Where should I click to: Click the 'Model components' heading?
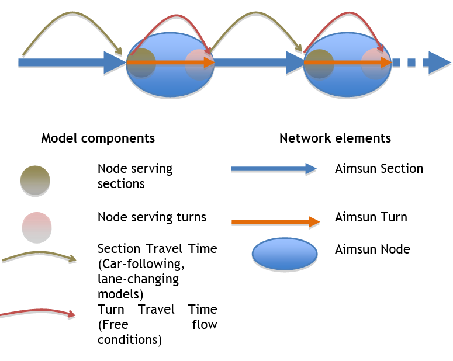click(98, 138)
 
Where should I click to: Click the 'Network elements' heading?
click(335, 138)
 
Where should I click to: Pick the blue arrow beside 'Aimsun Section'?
click(273, 169)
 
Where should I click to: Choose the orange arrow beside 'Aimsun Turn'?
click(275, 221)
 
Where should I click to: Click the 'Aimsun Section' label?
click(379, 169)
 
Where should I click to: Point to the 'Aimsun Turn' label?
click(371, 217)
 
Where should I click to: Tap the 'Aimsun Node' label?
click(372, 249)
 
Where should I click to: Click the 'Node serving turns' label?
click(152, 217)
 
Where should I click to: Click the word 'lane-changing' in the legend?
click(139, 280)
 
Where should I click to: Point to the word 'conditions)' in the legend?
click(130, 340)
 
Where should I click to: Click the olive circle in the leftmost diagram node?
click(141, 63)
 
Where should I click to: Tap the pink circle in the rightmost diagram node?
click(375, 63)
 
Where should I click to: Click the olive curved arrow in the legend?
click(39, 256)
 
